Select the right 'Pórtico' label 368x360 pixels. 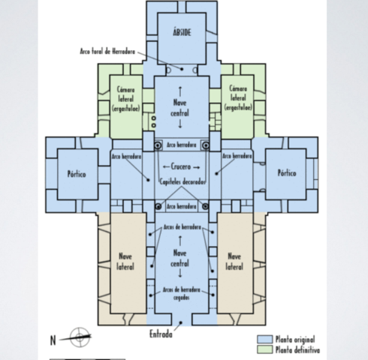(286, 172)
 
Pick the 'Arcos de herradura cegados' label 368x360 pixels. (180, 293)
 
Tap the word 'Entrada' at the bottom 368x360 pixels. (160, 334)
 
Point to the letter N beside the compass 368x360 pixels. (53, 340)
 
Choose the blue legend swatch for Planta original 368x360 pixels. (262, 338)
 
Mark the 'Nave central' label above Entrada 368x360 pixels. (180, 258)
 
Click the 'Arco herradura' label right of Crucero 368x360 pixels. (237, 157)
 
